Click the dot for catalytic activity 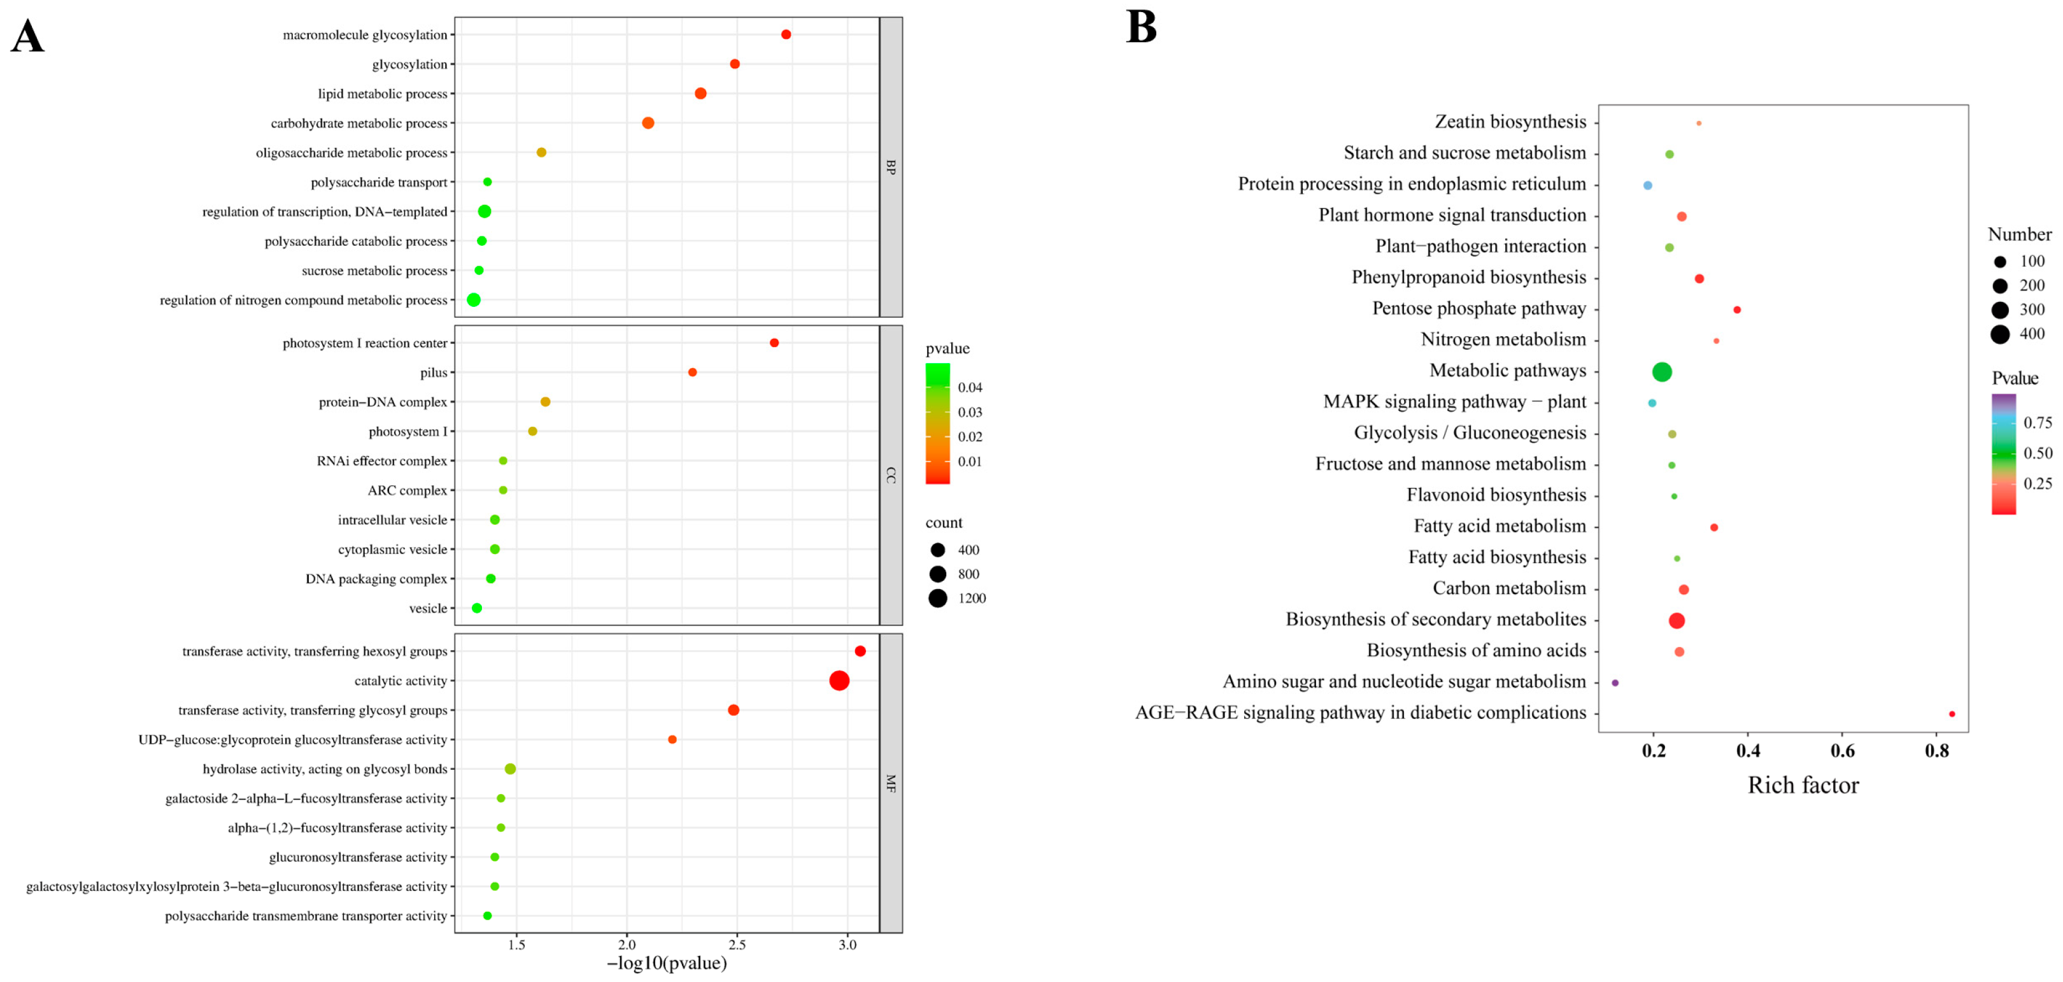(x=839, y=681)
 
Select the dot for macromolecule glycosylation (x=786, y=34)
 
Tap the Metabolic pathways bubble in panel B (x=1662, y=372)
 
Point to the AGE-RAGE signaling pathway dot (x=1952, y=714)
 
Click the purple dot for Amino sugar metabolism (x=1615, y=683)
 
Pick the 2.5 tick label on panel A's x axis (x=737, y=944)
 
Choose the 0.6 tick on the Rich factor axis (x=1842, y=751)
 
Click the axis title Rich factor (x=1803, y=785)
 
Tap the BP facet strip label (x=891, y=167)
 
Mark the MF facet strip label (x=891, y=783)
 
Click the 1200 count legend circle (x=938, y=599)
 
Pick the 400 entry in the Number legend (x=2000, y=334)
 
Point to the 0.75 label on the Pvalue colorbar (x=2038, y=422)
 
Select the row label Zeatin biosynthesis (x=1510, y=122)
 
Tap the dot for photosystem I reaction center (x=774, y=343)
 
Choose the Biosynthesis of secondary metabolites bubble (x=1676, y=621)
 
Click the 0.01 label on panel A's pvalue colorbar (x=970, y=461)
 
